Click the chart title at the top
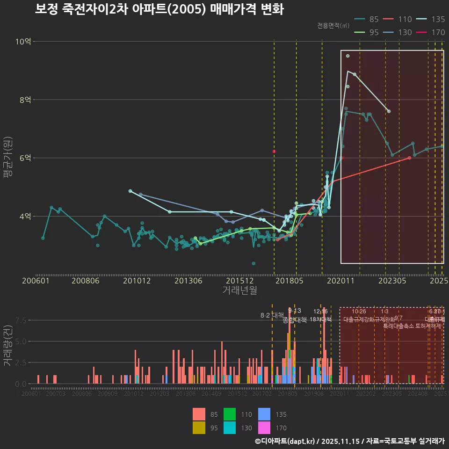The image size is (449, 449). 159,9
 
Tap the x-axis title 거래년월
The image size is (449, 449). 239,290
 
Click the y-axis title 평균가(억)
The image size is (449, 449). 8,158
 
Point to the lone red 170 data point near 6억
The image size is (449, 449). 274,152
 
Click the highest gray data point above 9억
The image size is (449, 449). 348,56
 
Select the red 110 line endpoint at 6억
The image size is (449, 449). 409,158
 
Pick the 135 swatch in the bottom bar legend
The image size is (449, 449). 264,414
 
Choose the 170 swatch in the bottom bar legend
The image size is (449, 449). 264,427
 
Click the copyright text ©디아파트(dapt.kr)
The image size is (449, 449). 286,441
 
